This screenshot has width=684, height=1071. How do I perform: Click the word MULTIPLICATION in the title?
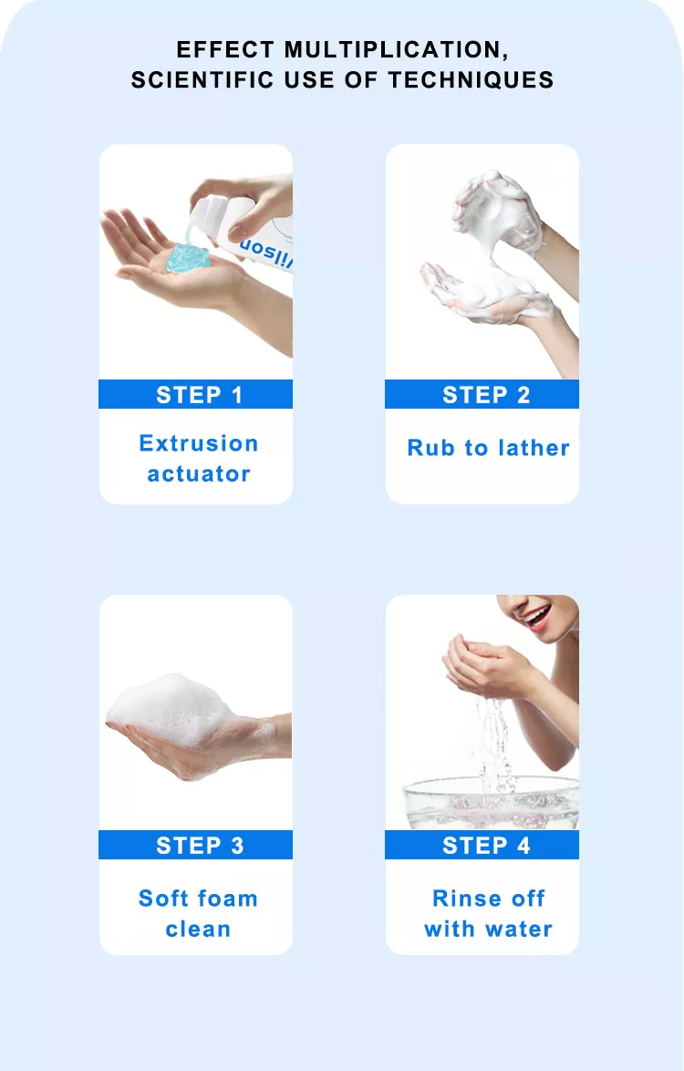coord(397,50)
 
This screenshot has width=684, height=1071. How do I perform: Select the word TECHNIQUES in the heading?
coord(471,80)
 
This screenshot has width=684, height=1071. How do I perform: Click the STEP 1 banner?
coord(196,394)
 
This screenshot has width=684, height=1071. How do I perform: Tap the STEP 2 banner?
coord(482,394)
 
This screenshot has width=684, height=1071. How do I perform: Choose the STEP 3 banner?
coord(196,845)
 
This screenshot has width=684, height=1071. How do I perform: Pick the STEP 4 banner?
coord(482,845)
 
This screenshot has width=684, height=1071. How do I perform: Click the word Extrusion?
coord(199,443)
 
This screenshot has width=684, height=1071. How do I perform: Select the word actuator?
coord(199,474)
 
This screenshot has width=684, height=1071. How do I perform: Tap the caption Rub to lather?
coord(488,448)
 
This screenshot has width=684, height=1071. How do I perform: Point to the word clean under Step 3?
coord(198,929)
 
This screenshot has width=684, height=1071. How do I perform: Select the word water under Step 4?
coord(518,929)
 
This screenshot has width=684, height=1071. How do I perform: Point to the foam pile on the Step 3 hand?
coord(171,711)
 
